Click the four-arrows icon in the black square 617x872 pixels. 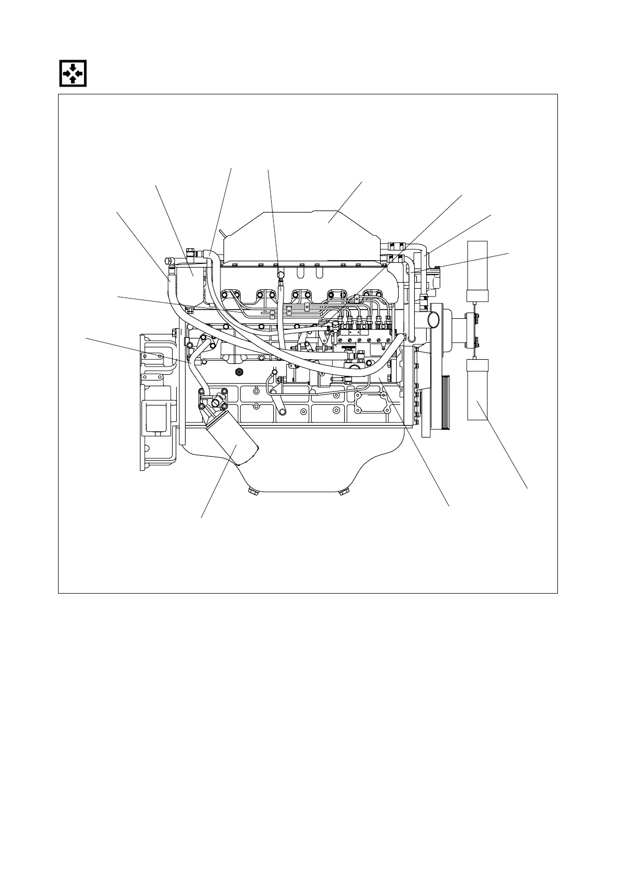tap(72, 74)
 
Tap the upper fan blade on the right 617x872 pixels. tap(478, 271)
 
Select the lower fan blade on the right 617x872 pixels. tap(478, 390)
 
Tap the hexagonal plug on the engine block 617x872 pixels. tap(239, 371)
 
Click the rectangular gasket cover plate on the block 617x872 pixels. tap(371, 402)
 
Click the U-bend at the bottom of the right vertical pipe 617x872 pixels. tap(412, 340)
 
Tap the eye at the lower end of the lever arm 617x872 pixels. tap(282, 413)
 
